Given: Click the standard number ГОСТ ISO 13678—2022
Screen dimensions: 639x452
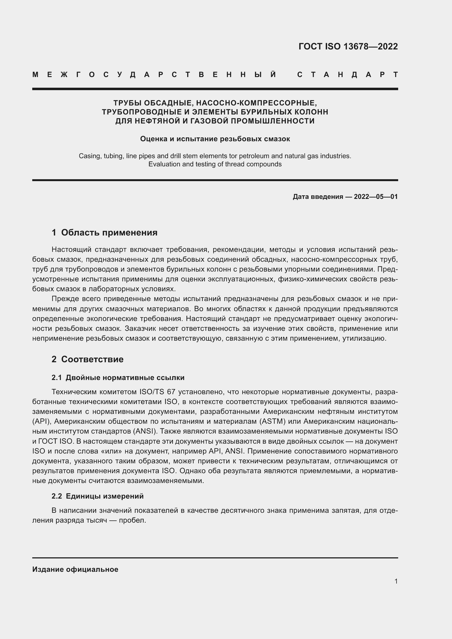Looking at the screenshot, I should (x=348, y=46).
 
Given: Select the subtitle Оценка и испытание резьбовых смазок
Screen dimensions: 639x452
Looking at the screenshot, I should (x=215, y=139).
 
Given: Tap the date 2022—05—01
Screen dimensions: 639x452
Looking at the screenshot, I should (x=376, y=197).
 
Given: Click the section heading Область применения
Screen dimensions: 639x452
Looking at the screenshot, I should (x=109, y=232).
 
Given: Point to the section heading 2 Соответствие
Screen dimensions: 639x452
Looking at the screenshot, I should (x=87, y=359).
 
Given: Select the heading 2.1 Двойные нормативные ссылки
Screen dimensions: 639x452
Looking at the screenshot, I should (x=118, y=378).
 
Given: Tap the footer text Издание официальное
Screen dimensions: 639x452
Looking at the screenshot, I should (x=75, y=569).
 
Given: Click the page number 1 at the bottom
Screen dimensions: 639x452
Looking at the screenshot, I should (x=396, y=581).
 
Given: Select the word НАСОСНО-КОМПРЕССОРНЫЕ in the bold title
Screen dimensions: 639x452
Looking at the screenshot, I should (x=256, y=103).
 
